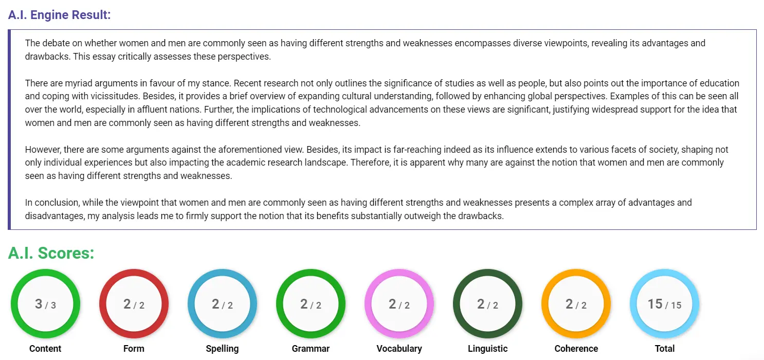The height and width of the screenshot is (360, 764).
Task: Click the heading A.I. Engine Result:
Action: (x=59, y=14)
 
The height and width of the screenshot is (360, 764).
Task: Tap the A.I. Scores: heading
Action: (x=51, y=253)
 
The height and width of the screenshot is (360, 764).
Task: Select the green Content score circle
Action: (x=45, y=304)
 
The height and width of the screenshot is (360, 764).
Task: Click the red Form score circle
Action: (x=134, y=304)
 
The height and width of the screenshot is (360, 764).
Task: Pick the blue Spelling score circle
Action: (x=222, y=304)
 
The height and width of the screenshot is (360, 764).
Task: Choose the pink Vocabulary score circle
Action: (x=399, y=304)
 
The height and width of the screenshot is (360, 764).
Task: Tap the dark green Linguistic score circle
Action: (x=487, y=304)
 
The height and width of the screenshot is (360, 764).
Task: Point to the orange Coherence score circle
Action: (x=576, y=304)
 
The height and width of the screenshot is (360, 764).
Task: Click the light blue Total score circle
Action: (x=664, y=304)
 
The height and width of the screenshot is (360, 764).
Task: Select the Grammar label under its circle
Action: (x=311, y=349)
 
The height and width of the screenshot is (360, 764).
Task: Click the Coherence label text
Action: (x=576, y=349)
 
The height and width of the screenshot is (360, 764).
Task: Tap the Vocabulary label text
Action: (x=399, y=349)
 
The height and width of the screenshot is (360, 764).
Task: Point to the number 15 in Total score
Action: (x=655, y=304)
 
